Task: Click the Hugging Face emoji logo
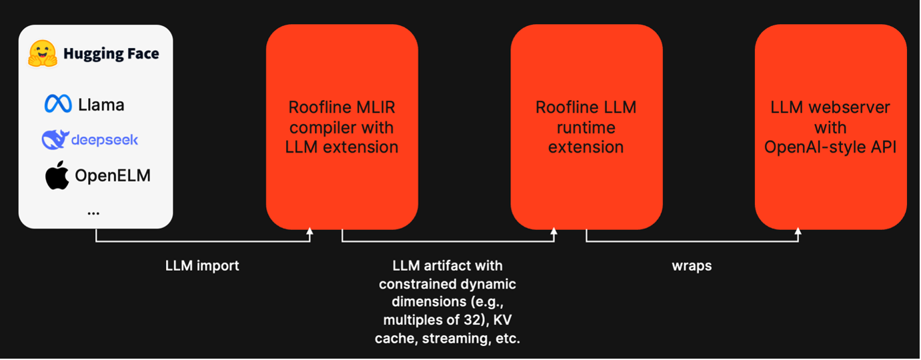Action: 43,53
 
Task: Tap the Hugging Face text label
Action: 111,53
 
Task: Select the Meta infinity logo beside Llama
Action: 58,104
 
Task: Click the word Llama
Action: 101,105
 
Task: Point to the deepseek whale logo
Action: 55,139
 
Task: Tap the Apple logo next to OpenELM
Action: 57,175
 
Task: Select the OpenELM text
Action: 113,175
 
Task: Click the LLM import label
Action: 202,265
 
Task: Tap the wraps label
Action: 692,265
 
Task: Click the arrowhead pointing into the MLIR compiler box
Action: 309,232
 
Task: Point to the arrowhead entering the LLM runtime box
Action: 554,232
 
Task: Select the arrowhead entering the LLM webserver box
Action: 798,232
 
